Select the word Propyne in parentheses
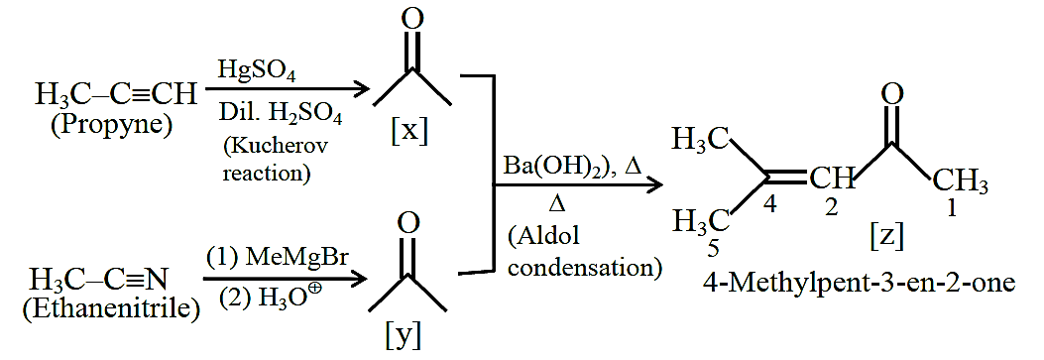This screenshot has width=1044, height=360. click(112, 124)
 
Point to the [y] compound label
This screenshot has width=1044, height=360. click(404, 337)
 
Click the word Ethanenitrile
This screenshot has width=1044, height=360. click(111, 308)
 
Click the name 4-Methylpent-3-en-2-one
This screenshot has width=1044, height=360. click(859, 282)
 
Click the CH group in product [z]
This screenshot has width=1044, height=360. click(831, 179)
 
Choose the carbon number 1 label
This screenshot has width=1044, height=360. click(952, 209)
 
